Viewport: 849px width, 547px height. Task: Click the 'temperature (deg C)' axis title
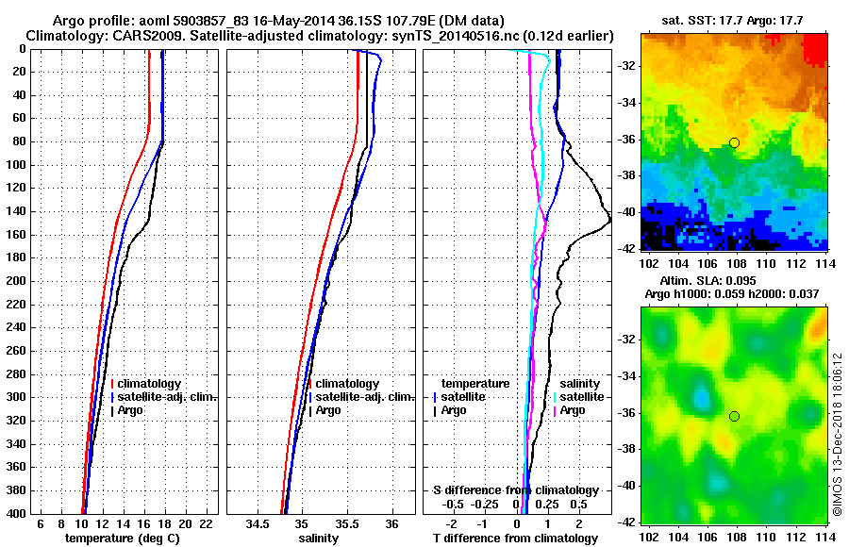point(122,539)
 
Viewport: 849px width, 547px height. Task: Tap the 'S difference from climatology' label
point(516,490)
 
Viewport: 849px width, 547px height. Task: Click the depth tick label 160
point(18,235)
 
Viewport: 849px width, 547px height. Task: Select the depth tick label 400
point(18,513)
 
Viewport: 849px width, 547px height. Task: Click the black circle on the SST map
point(734,142)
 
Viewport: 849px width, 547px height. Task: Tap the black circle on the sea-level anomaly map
point(734,416)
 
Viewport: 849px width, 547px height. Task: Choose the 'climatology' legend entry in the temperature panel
point(151,384)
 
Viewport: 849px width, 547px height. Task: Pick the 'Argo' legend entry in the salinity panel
point(328,410)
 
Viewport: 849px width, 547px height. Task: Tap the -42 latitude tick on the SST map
point(628,248)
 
